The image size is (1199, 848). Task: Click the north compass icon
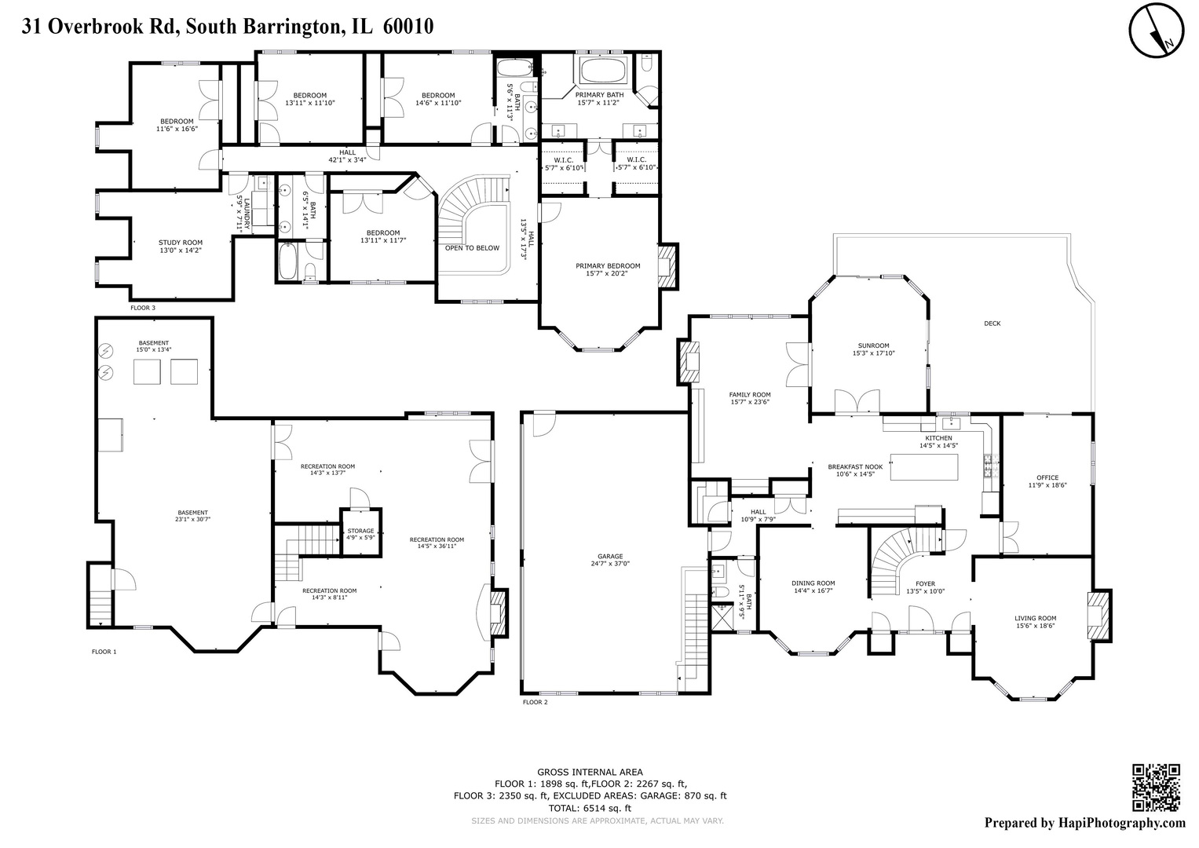pos(1157,31)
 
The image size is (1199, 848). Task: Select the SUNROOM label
pos(873,345)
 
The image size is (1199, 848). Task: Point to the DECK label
pos(992,323)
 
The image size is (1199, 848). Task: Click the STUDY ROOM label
pos(181,243)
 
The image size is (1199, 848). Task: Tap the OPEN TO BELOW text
pos(472,248)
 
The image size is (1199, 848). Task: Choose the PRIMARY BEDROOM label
pos(608,266)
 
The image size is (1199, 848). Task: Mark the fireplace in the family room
pos(689,363)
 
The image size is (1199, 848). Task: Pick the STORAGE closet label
pos(361,532)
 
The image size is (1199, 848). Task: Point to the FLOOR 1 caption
pos(104,652)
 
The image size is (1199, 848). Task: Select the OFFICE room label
pos(1047,477)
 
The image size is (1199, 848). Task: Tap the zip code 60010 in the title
pos(408,27)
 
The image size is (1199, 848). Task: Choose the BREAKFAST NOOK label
pos(855,466)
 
